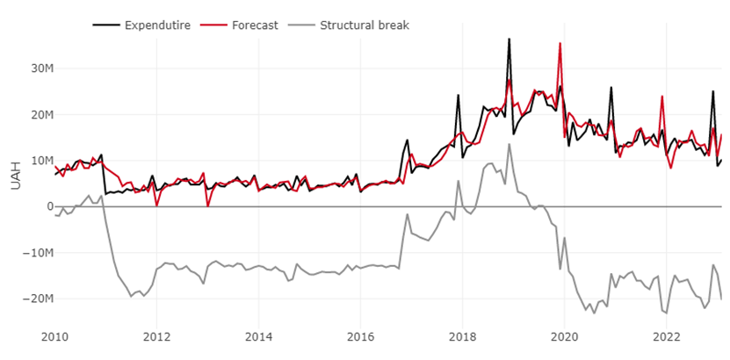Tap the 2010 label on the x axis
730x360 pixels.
pos(54,336)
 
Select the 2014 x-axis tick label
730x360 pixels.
pos(258,336)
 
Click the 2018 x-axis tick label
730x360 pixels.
pos(463,336)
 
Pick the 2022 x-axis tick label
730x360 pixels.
pos(667,336)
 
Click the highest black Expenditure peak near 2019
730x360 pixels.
pos(509,40)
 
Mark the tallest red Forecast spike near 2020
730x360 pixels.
pos(560,44)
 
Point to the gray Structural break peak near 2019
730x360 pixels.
pos(509,145)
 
